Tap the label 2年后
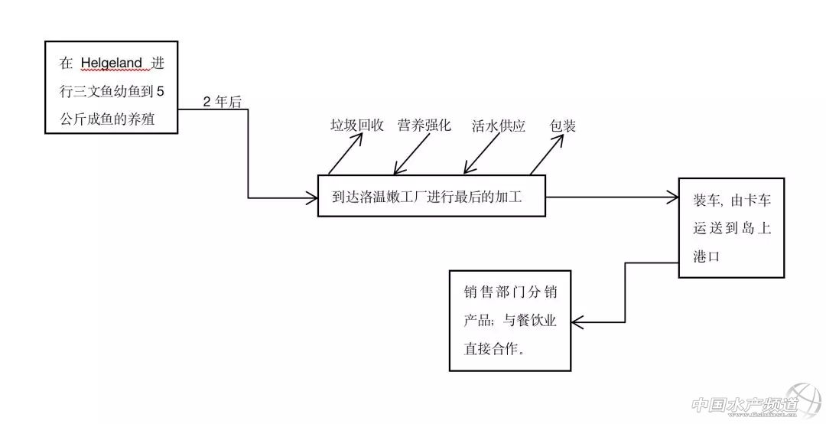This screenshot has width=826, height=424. click(x=222, y=102)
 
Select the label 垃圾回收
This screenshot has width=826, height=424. click(x=356, y=126)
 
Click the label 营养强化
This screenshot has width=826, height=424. click(x=424, y=126)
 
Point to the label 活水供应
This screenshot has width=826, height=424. click(x=498, y=126)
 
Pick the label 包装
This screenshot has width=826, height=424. click(x=563, y=126)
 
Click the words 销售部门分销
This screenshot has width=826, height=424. click(x=509, y=293)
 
